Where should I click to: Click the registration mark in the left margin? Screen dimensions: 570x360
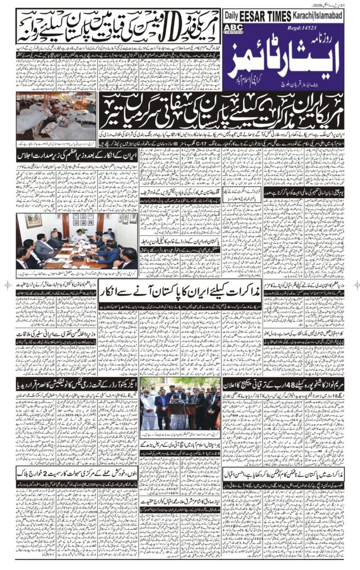(7, 284)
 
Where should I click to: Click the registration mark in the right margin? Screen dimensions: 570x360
(353, 284)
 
